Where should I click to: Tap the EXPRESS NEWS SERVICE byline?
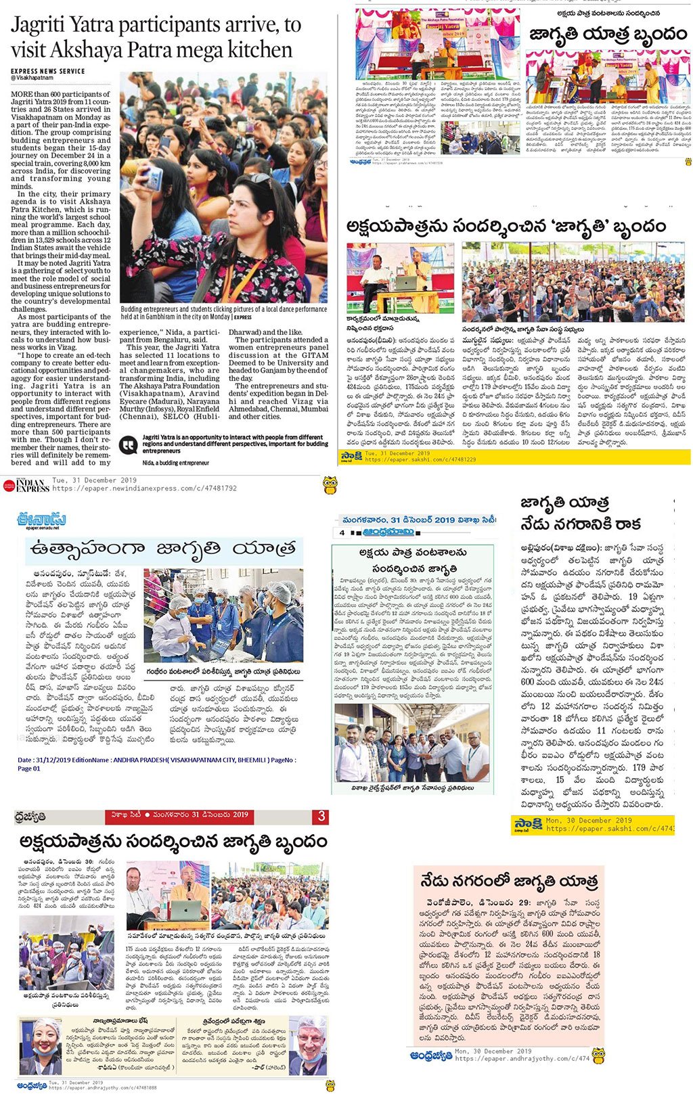[47, 71]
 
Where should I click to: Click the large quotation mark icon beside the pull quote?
[128, 444]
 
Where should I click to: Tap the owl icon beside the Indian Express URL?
[330, 484]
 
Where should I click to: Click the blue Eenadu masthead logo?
[42, 520]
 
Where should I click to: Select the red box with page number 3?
[321, 816]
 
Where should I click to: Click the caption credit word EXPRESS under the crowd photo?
[242, 317]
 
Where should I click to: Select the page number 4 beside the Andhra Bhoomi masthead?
[342, 532]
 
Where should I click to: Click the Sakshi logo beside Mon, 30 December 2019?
[527, 824]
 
